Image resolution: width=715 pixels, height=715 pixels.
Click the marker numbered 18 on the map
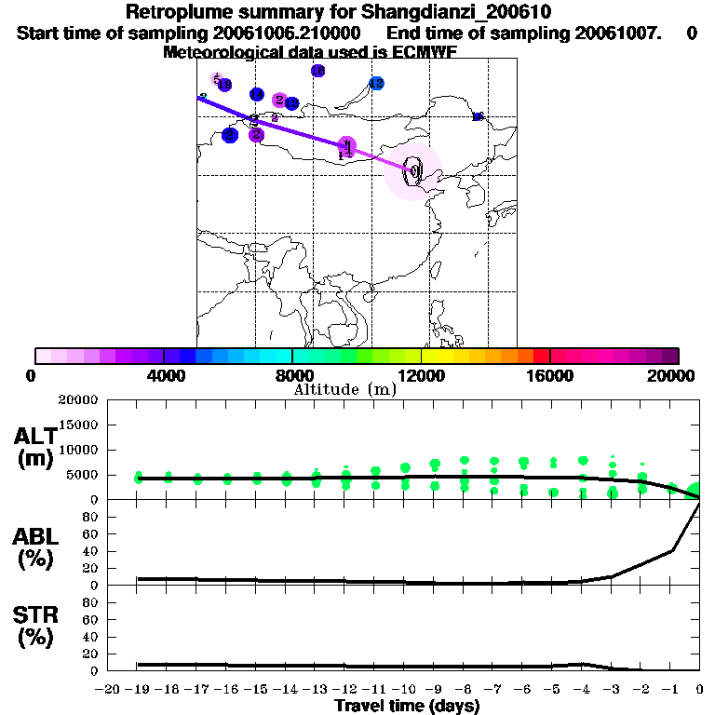coord(317,71)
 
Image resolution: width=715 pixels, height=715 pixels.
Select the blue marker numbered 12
coord(376,83)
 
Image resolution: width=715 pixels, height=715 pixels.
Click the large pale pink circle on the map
coord(413,171)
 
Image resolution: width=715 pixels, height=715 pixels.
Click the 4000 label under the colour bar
coord(163,375)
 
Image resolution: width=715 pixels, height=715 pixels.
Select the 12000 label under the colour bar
coord(421,375)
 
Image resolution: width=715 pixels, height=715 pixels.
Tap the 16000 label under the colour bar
coord(550,375)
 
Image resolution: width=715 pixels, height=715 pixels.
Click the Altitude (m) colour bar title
coord(344,389)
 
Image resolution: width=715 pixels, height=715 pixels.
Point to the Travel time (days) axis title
coord(407,707)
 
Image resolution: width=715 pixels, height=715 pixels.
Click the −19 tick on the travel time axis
coord(137,690)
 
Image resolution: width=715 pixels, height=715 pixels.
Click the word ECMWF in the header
coord(420,52)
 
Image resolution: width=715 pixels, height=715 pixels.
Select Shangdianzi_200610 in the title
coord(448,13)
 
